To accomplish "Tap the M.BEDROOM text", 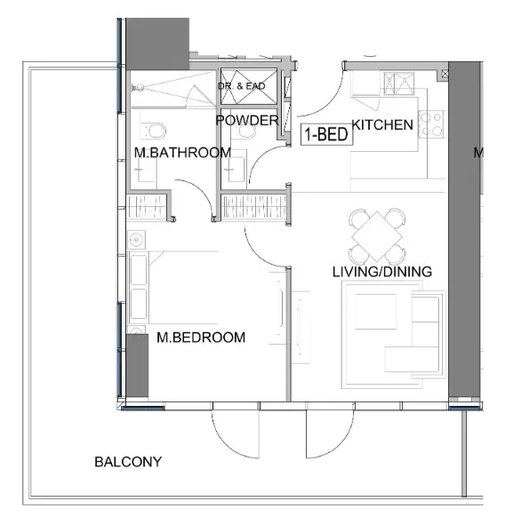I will point(200,338).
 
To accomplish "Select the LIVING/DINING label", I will point(381,272).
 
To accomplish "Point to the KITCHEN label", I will point(382,125).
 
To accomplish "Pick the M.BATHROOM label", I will point(182,153).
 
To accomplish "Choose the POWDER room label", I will point(248,121).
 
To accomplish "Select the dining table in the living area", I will point(377,234).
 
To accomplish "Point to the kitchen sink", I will point(394,84).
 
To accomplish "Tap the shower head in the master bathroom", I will point(139,87).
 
